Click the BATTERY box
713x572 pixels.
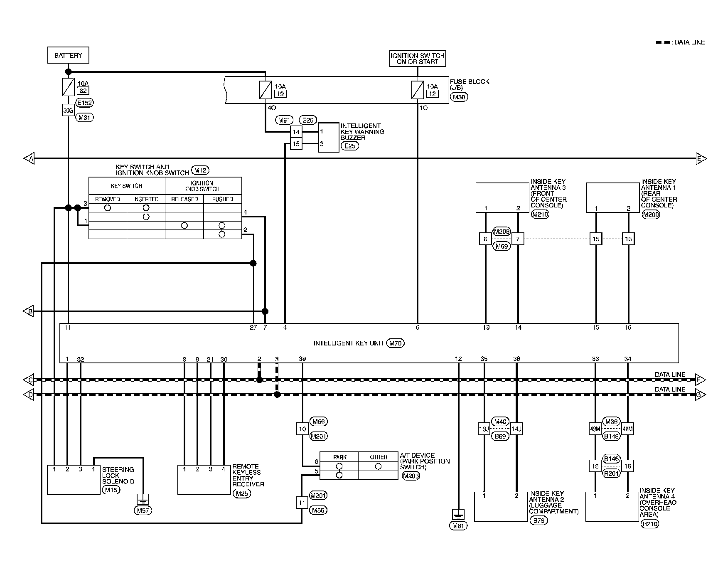point(68,55)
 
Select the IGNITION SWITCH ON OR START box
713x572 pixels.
point(417,58)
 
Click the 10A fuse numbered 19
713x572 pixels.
point(265,90)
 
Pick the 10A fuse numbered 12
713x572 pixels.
point(417,90)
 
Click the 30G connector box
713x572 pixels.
point(68,110)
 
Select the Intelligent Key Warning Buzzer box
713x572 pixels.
point(329,138)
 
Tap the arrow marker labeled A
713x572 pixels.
point(29,158)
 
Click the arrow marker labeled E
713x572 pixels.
point(701,158)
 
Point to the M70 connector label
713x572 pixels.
point(395,343)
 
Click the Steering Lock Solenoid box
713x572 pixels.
point(74,479)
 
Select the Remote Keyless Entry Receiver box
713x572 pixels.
point(204,479)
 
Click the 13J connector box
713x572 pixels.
point(484,429)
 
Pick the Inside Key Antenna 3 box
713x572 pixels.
point(502,197)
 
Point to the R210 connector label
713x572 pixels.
point(649,524)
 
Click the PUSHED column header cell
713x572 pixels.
point(222,199)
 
